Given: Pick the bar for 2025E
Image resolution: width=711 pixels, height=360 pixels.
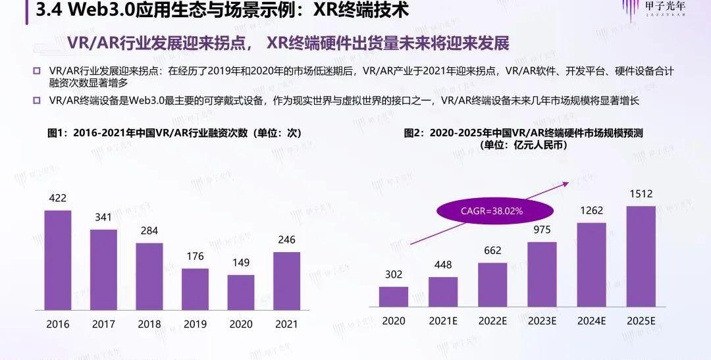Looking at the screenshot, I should [641, 257].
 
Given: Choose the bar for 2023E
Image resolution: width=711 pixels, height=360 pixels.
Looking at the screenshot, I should [542, 274].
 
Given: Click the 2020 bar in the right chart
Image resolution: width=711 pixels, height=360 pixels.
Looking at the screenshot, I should [394, 297].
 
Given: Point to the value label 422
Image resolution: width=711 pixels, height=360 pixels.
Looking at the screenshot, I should [57, 198].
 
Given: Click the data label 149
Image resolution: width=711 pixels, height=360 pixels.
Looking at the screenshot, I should [241, 263].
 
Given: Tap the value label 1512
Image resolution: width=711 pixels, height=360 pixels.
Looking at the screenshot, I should [641, 194].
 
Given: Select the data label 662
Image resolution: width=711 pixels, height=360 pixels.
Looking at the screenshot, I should [492, 251].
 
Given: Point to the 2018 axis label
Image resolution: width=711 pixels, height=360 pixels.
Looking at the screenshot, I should [149, 324].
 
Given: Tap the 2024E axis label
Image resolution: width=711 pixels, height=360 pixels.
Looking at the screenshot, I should [591, 321].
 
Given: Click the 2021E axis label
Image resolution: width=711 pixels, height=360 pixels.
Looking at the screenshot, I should [443, 321].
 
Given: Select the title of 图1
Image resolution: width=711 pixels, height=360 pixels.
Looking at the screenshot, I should [174, 133].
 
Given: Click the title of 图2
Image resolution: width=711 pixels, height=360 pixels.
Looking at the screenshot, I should [523, 139].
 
